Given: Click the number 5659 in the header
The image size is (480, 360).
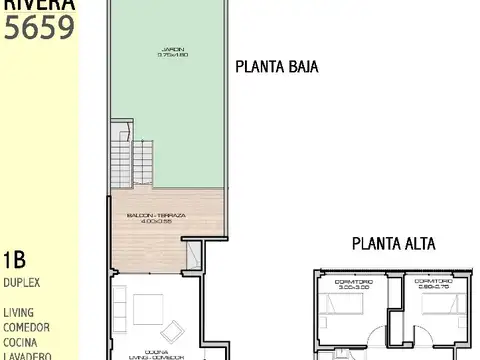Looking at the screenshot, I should point(39,26).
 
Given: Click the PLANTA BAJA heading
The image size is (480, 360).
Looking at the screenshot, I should point(277,68).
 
